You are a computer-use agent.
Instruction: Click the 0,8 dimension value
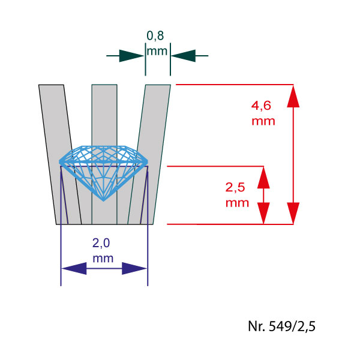[155, 35]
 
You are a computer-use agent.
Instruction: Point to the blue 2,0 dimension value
[103, 243]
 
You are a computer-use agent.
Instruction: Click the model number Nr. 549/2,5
[281, 326]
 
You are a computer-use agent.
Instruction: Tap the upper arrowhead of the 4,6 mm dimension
[293, 95]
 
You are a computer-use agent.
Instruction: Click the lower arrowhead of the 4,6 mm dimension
[293, 213]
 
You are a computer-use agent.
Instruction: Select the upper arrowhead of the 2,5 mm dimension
[263, 176]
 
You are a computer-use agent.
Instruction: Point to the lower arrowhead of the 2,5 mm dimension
[263, 214]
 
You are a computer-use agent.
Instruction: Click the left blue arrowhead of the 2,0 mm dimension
[74, 268]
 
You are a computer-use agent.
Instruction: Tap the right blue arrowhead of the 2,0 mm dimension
[134, 268]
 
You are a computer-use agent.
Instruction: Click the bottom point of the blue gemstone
[104, 200]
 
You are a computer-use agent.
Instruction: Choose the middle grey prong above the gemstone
[104, 114]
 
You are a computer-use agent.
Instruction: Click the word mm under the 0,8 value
[157, 50]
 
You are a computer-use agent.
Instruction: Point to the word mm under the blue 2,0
[103, 259]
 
